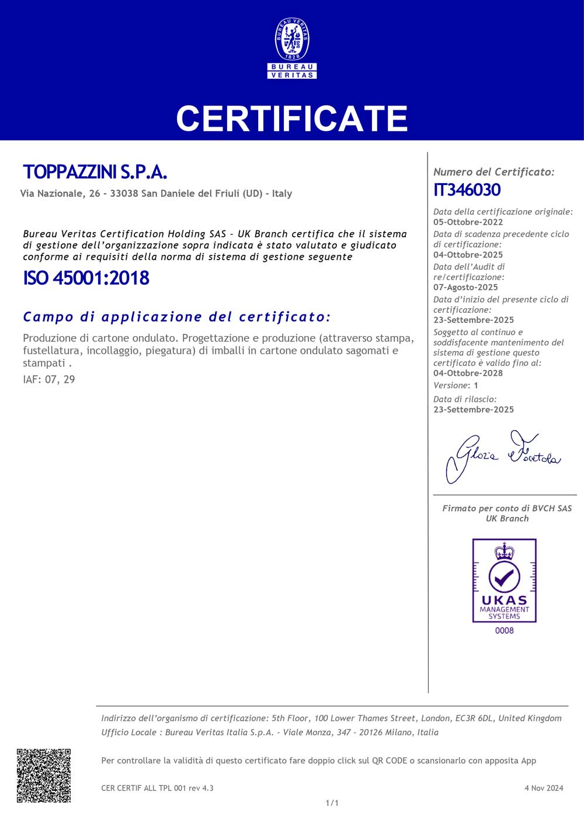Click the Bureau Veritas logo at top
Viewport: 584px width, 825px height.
[x=292, y=48]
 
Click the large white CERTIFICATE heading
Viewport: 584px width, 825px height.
[x=292, y=118]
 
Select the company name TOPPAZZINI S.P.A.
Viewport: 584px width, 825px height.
[x=95, y=172]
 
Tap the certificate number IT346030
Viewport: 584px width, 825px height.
[x=467, y=190]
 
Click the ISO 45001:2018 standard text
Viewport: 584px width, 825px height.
[x=86, y=278]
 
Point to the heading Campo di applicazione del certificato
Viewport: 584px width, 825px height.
[x=177, y=317]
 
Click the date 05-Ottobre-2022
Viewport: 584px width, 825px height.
[x=468, y=222]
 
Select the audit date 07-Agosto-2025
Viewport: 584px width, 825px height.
[x=465, y=287]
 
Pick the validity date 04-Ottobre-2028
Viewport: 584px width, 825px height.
[x=468, y=373]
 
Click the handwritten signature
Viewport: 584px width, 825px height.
[x=502, y=455]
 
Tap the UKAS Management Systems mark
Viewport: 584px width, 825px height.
[x=504, y=581]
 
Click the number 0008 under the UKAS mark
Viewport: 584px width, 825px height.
[x=504, y=631]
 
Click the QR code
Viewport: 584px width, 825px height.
[x=44, y=775]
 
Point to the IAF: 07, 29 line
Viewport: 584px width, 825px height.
[x=49, y=379]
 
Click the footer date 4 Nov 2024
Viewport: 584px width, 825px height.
[x=544, y=788]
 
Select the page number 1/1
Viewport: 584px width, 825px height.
[x=332, y=803]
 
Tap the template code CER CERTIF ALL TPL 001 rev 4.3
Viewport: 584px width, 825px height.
[x=157, y=788]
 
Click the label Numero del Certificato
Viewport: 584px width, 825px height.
[x=493, y=172]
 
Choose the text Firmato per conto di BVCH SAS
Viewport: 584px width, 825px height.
[x=507, y=508]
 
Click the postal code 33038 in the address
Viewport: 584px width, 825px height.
[x=124, y=194]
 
